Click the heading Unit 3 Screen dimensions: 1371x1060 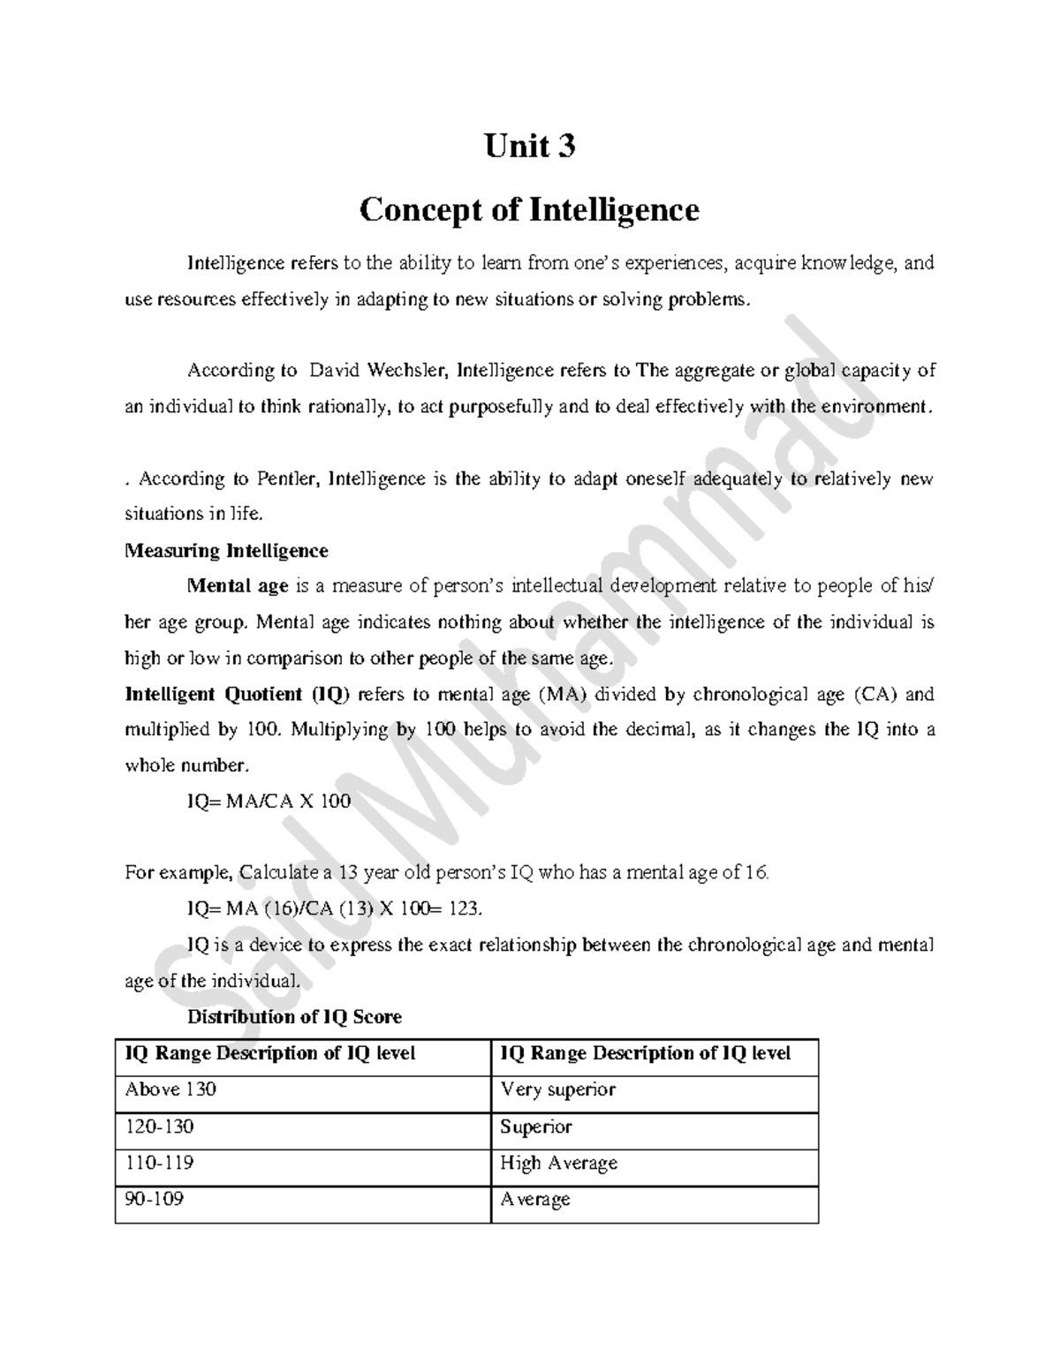(529, 146)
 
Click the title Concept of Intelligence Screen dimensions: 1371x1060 (529, 210)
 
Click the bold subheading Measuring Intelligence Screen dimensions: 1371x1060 (226, 551)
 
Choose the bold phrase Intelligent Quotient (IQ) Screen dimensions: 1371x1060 (238, 694)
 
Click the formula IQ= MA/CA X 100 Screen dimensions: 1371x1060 (269, 802)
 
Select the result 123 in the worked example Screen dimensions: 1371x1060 (466, 909)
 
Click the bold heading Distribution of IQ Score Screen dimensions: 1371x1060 (294, 1017)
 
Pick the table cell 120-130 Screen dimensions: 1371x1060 (159, 1126)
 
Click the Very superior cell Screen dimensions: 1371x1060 (557, 1089)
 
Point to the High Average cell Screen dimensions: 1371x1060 (558, 1163)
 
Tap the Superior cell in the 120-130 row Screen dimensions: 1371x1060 (535, 1126)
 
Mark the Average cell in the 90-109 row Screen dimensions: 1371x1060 (535, 1199)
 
